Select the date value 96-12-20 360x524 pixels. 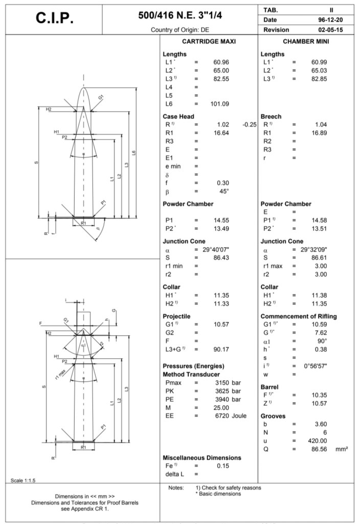336,19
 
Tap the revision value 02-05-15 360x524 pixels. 336,30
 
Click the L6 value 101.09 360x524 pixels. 219,104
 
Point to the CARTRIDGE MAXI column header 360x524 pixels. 208,41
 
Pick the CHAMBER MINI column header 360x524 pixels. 306,41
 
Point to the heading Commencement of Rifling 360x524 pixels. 299,316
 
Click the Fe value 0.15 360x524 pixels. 222,466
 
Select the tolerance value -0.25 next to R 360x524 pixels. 249,124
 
